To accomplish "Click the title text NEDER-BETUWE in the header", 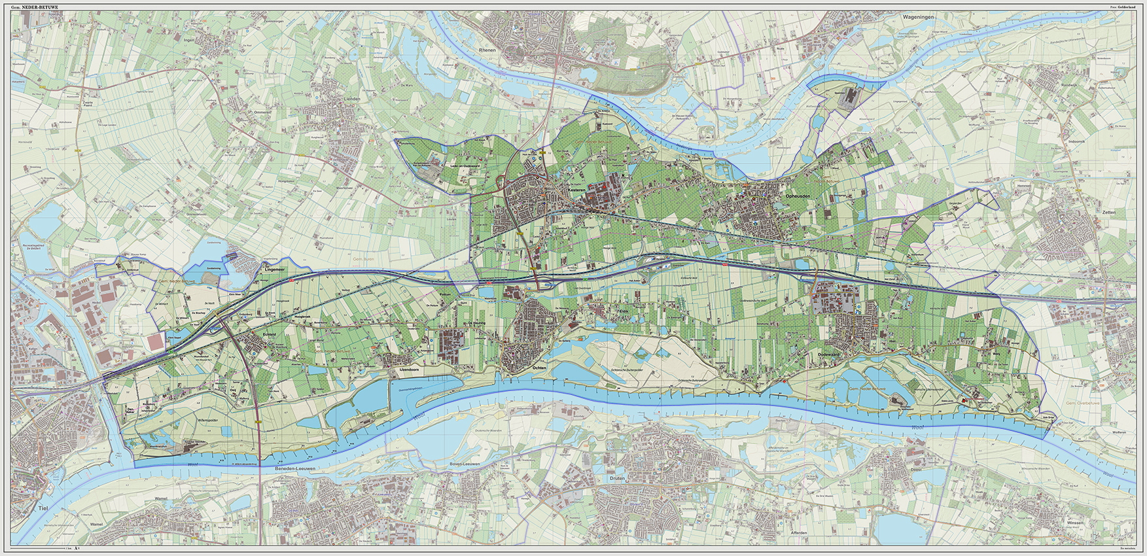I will coord(41,7).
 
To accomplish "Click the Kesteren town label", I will coord(576,190).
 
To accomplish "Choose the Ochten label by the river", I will coord(539,368).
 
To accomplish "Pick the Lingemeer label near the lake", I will coord(274,269).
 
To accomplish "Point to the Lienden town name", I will coord(352,99).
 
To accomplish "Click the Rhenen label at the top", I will coord(487,50).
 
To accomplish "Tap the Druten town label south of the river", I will coord(617,479).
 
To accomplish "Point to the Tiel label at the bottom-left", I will coord(43,508).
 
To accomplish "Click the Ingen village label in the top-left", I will coord(189,41).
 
